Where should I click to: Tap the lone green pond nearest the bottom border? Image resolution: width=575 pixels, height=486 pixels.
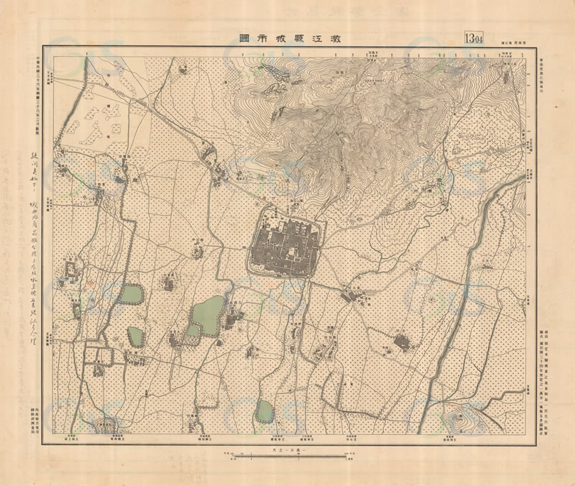264,411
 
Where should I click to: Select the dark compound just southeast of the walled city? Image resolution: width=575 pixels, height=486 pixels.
354,294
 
